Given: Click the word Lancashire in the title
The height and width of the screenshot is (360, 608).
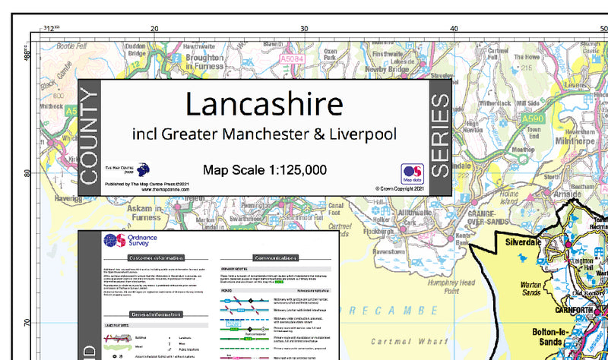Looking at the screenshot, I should [x=264, y=104].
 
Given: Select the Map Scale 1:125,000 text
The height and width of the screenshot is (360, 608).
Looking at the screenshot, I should [x=264, y=170].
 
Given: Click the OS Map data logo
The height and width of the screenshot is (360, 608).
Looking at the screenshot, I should [x=412, y=173].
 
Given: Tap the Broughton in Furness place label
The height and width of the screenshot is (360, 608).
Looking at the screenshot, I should [x=204, y=62].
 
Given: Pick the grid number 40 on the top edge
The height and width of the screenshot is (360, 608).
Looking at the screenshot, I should [x=454, y=28].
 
